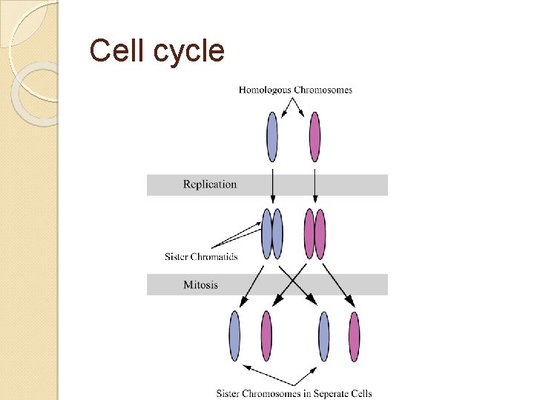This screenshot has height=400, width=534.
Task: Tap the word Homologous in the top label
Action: pyautogui.click(x=265, y=90)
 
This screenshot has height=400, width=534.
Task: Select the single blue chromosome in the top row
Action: pyautogui.click(x=272, y=137)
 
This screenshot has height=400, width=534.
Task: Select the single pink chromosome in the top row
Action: pyautogui.click(x=314, y=137)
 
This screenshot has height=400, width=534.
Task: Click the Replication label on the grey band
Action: pyautogui.click(x=210, y=184)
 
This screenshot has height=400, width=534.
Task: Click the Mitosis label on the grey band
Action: pyautogui.click(x=200, y=284)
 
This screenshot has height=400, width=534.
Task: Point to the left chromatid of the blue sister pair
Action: pyautogui.click(x=267, y=233)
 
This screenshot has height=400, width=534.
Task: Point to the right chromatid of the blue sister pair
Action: pyautogui.click(x=277, y=233)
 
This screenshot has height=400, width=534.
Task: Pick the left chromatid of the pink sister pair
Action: pyautogui.click(x=309, y=233)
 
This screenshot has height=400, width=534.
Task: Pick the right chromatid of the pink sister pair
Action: pyautogui.click(x=320, y=233)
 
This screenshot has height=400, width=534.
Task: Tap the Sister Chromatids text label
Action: pyautogui.click(x=201, y=257)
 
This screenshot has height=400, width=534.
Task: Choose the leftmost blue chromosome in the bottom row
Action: pyautogui.click(x=234, y=336)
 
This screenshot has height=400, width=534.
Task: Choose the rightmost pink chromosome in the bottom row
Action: pyautogui.click(x=355, y=336)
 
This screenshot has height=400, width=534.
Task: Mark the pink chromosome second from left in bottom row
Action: pyautogui.click(x=266, y=336)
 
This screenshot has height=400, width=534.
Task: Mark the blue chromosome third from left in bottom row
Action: pyautogui.click(x=323, y=336)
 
